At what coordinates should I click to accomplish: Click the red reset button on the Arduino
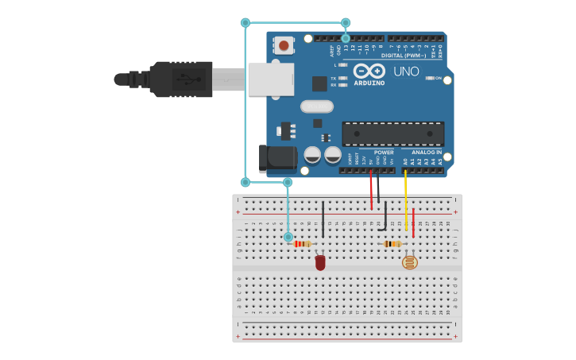284,45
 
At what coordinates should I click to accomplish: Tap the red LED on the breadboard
320,262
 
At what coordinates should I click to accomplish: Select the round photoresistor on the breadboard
409,261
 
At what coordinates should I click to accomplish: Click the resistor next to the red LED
302,244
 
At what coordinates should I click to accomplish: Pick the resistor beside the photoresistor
392,244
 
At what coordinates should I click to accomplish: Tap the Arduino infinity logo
369,71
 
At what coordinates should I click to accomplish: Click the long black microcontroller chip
392,134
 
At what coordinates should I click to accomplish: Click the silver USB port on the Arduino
270,79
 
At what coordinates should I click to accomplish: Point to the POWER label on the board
384,153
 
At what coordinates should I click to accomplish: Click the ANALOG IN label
427,152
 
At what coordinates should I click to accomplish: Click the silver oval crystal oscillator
315,106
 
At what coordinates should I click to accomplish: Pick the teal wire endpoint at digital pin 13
346,38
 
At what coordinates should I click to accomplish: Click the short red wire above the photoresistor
413,223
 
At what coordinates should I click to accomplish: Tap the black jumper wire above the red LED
323,219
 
